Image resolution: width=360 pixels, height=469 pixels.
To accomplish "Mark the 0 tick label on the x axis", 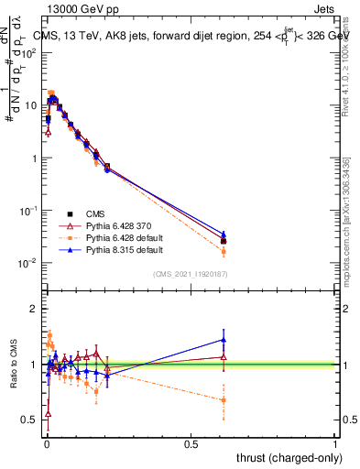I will pyautogui.click(x=46, y=443).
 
